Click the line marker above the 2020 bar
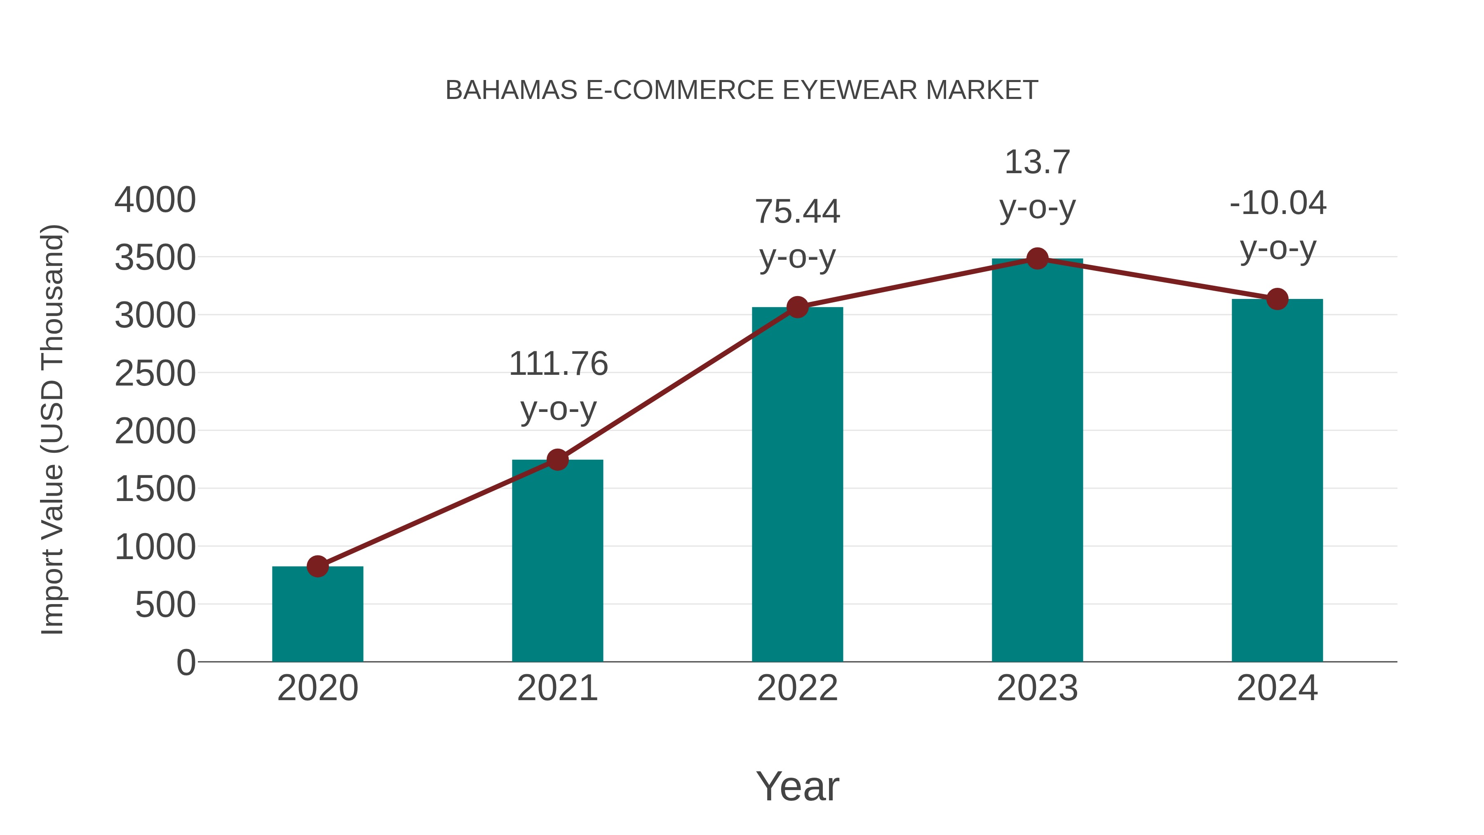point(317,567)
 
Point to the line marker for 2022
point(797,307)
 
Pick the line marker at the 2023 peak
point(1037,259)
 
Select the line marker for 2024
point(1277,299)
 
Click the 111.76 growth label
point(558,364)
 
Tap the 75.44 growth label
point(797,212)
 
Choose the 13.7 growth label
point(1037,162)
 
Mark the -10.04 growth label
point(1277,203)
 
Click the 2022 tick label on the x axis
point(797,688)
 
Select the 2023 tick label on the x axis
point(1037,688)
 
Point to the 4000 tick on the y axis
point(155,200)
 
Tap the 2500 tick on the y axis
point(155,374)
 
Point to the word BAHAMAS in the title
point(512,90)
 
